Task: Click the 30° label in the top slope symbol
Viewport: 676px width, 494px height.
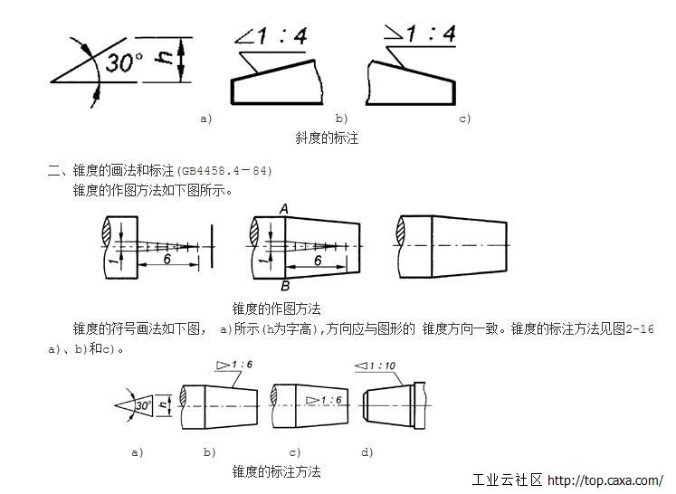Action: click(124, 63)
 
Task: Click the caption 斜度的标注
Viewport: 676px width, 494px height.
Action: click(327, 138)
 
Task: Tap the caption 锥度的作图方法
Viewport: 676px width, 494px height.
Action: click(276, 309)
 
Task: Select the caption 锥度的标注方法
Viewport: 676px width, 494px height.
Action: click(276, 471)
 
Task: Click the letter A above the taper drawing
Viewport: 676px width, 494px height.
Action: click(284, 210)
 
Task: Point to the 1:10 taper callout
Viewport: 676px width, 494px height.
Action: click(381, 366)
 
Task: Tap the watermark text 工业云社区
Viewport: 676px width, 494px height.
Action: click(508, 480)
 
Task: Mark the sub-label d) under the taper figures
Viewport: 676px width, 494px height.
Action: click(367, 451)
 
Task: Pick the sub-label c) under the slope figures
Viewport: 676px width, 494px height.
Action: click(465, 119)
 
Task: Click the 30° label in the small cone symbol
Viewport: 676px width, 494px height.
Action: click(143, 406)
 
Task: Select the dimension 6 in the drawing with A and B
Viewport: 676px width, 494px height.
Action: click(318, 260)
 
